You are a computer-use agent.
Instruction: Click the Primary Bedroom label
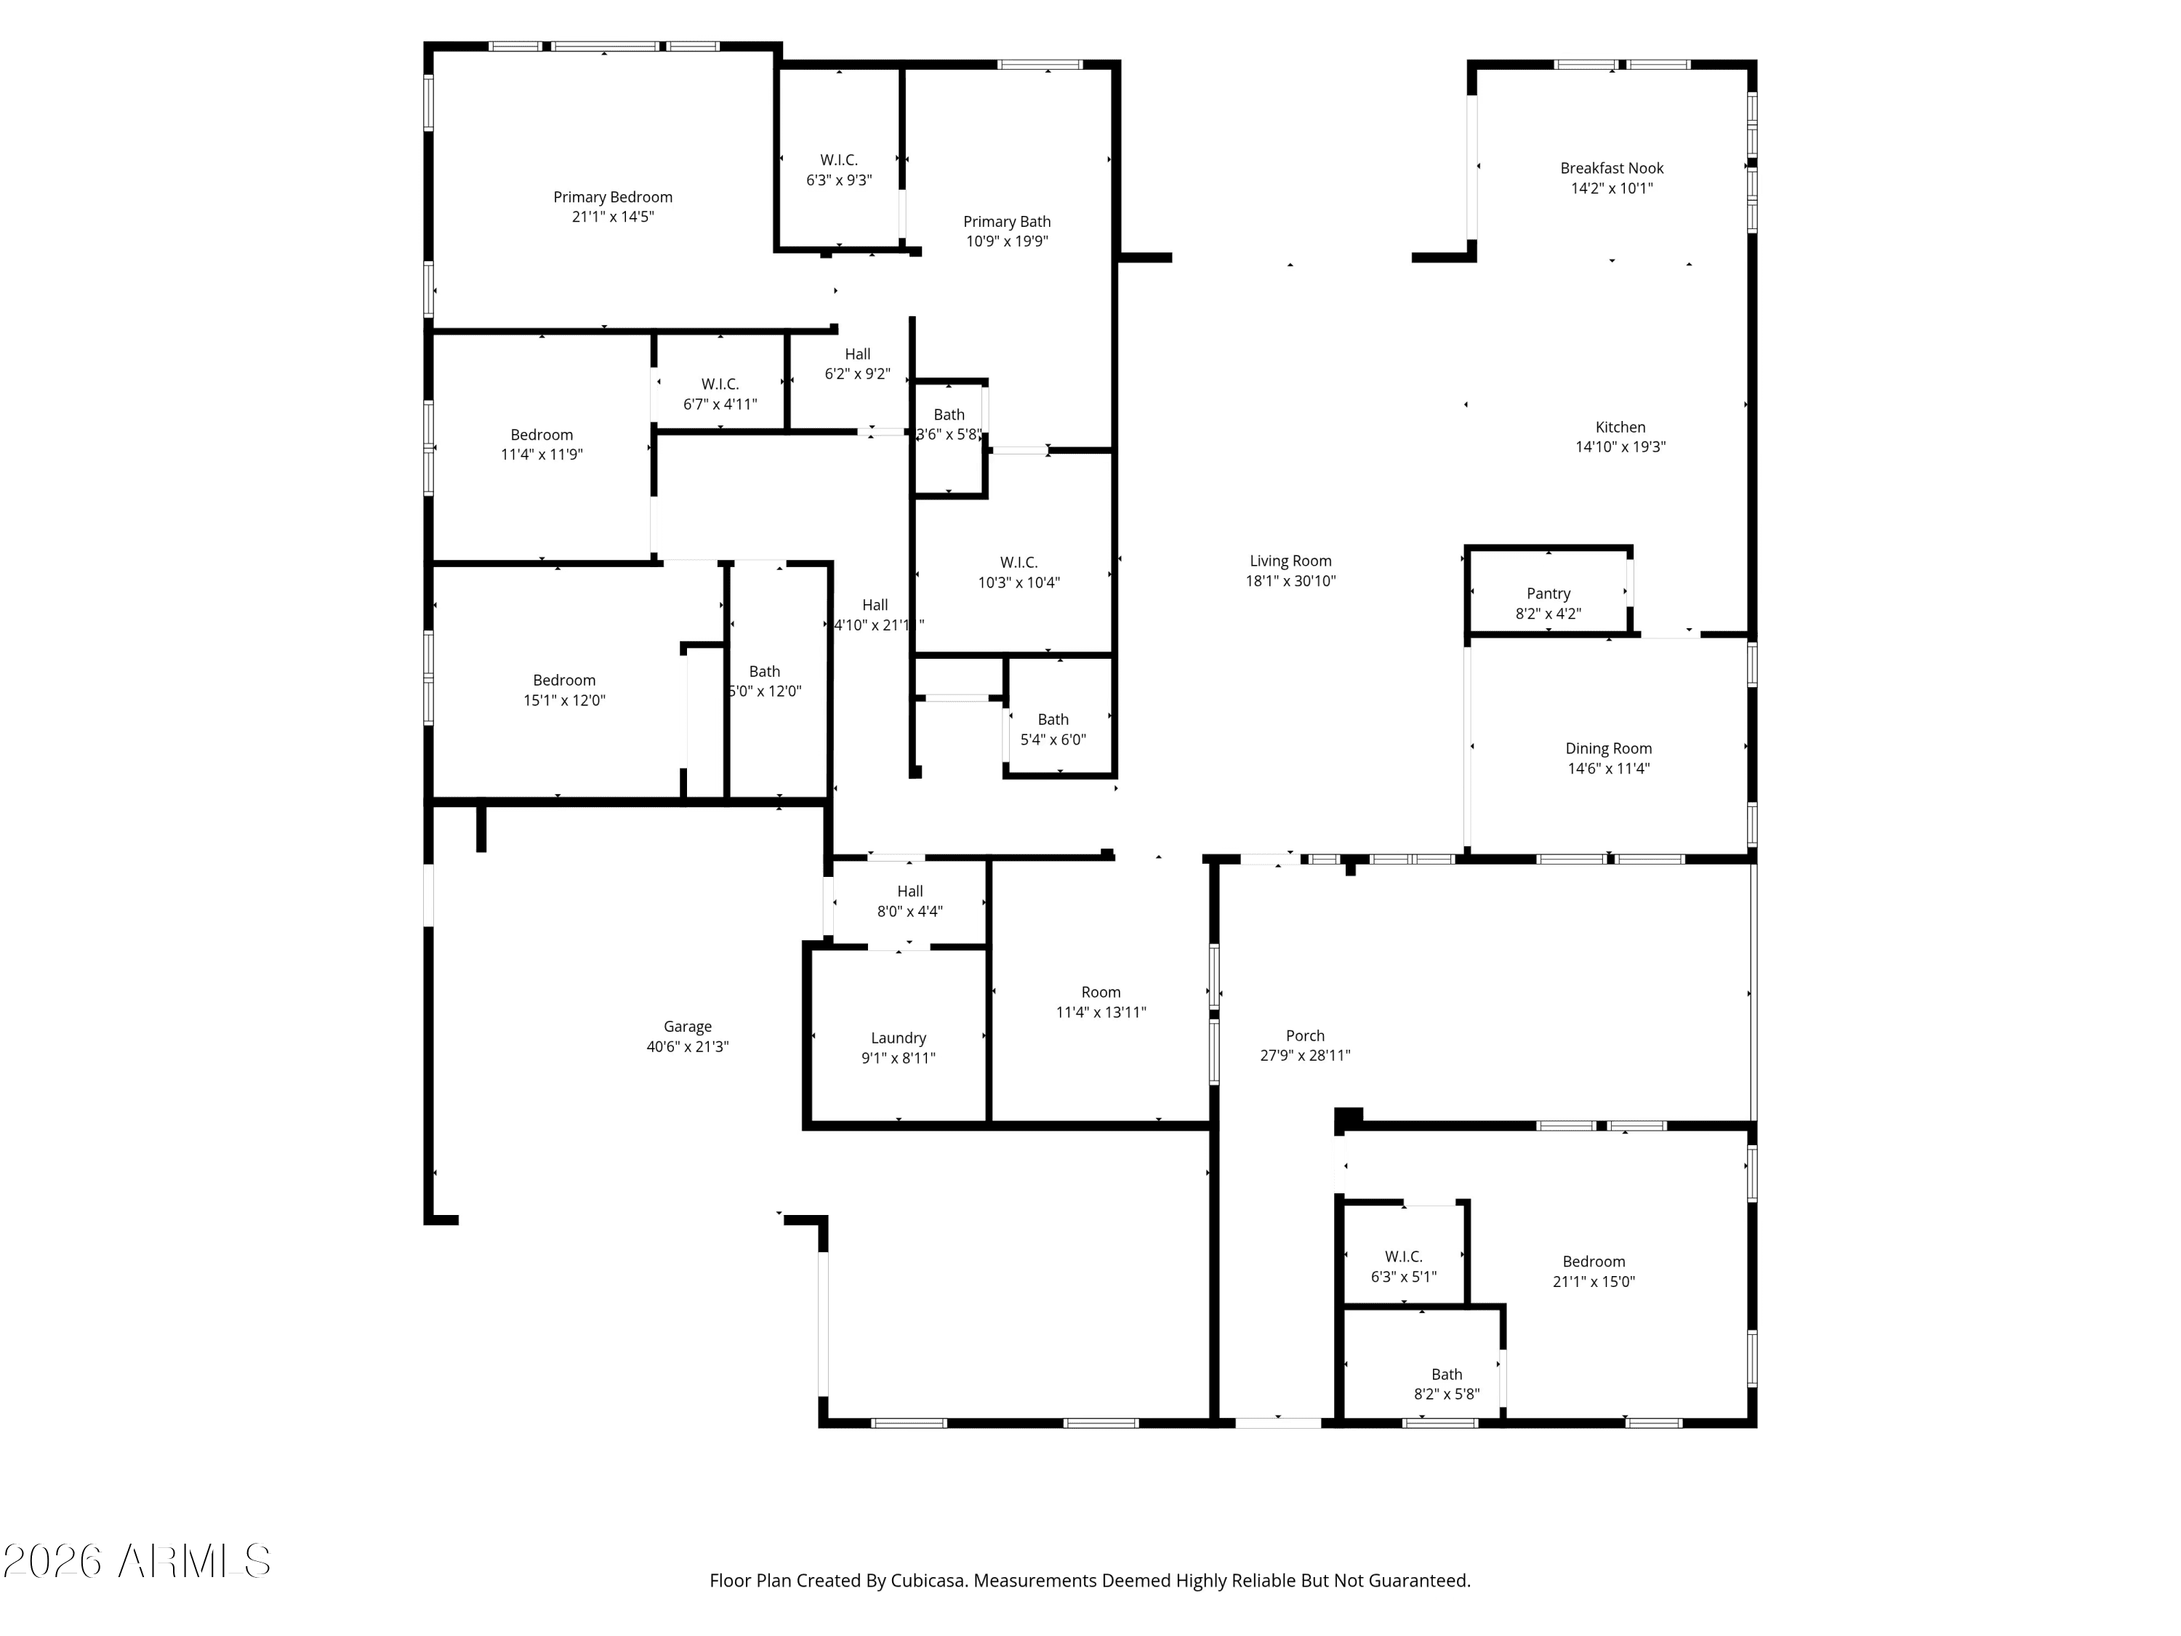coord(612,197)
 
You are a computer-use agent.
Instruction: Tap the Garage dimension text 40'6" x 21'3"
coord(687,1046)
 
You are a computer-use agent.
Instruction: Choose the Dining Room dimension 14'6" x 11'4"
coord(1608,769)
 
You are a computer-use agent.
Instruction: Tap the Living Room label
coord(1290,561)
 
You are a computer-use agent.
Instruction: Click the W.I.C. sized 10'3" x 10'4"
coord(1019,572)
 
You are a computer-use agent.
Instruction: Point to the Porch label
coord(1304,1035)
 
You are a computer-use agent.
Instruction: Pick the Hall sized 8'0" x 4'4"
coord(909,900)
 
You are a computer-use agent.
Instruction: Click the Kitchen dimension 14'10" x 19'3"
coord(1620,446)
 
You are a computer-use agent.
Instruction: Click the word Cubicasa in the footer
coord(929,1580)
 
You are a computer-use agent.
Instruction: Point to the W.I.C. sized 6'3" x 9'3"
coord(838,169)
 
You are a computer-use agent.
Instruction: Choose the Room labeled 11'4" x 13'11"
coord(1101,1002)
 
